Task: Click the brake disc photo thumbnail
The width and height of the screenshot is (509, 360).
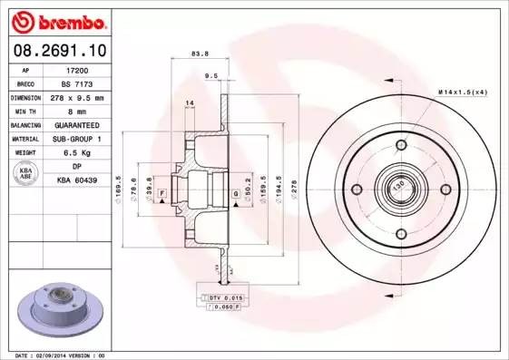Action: click(x=61, y=309)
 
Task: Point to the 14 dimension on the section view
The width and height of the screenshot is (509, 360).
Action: click(x=190, y=102)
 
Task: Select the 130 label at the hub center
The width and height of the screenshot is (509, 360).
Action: click(x=398, y=188)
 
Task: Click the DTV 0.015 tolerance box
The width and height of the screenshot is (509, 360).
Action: click(x=223, y=297)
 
